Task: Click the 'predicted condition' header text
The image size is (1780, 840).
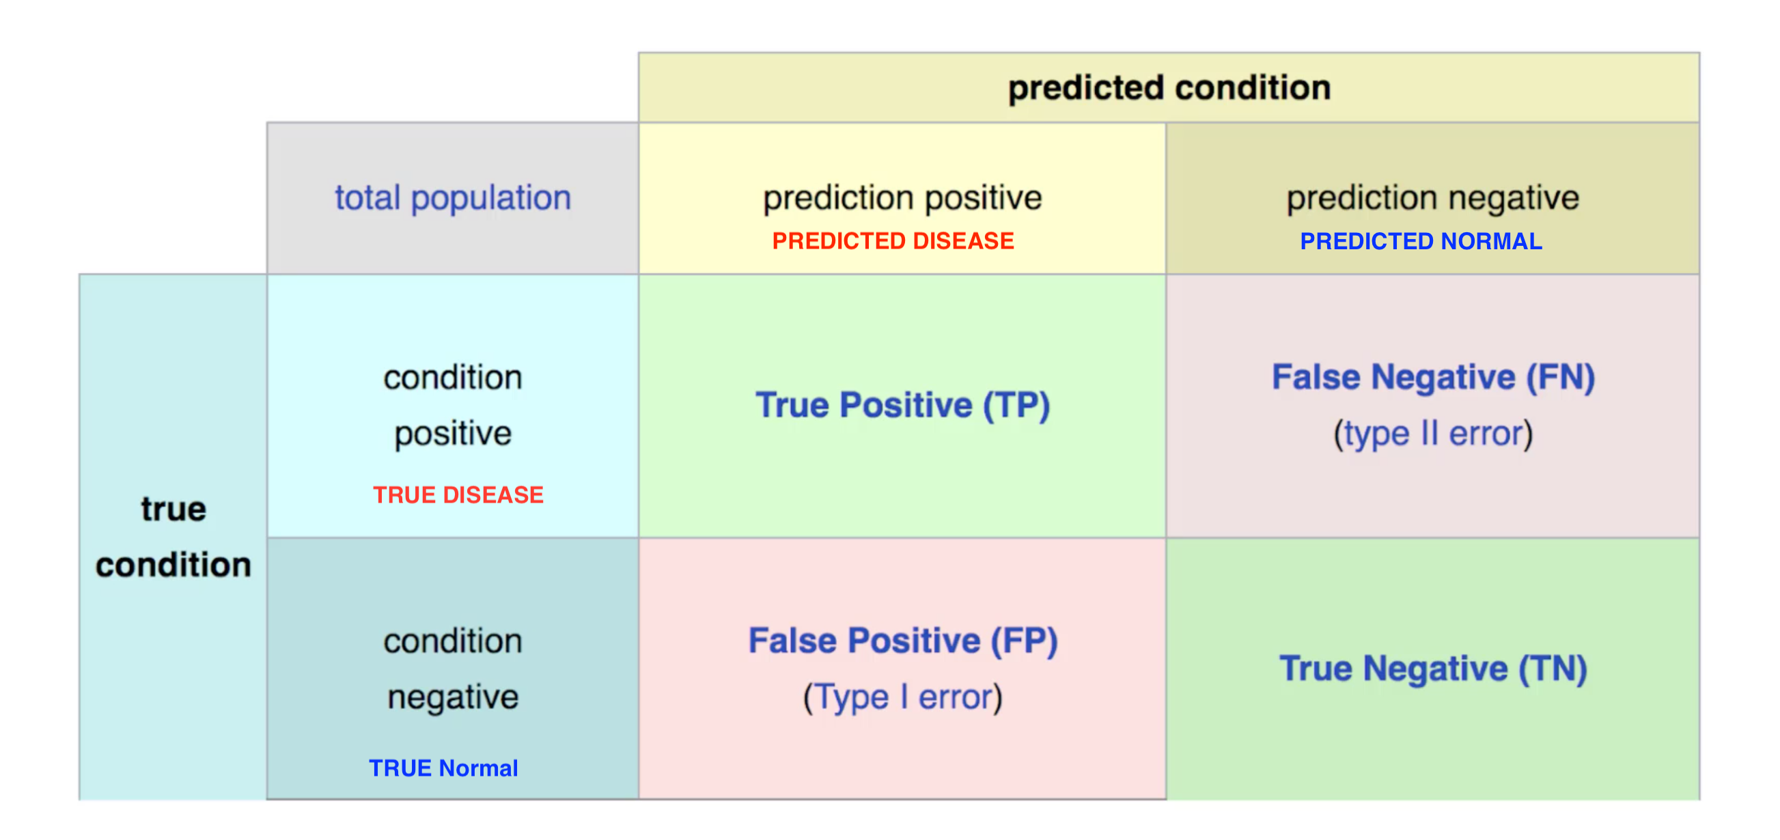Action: [1169, 88]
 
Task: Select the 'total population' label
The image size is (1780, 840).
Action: [453, 198]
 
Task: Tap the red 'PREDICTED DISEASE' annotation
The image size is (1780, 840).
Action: [893, 241]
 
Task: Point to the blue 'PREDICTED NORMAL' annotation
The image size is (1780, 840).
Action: [1421, 241]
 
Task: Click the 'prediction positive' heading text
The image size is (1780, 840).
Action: [902, 198]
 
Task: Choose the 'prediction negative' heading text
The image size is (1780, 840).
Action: [1432, 198]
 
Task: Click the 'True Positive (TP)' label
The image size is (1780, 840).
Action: [902, 405]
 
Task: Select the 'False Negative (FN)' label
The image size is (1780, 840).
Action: [1433, 377]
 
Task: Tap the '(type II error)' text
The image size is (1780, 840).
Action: [1433, 434]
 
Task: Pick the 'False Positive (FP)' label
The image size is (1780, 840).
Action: [902, 641]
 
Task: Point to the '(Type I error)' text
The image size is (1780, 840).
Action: [902, 697]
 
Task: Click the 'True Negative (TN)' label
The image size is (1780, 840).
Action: [1433, 669]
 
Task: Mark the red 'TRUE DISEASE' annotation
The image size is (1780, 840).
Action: [458, 494]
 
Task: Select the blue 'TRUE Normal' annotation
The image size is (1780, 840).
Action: [443, 768]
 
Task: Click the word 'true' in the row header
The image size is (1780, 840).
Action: [173, 509]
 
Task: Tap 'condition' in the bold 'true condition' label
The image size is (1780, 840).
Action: [173, 565]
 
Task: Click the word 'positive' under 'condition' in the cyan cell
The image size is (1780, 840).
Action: [453, 434]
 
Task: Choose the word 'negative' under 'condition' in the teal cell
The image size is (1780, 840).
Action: [453, 697]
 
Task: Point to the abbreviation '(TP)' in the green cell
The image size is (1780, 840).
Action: [1016, 405]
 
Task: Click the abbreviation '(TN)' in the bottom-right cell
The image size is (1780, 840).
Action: [1552, 669]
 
